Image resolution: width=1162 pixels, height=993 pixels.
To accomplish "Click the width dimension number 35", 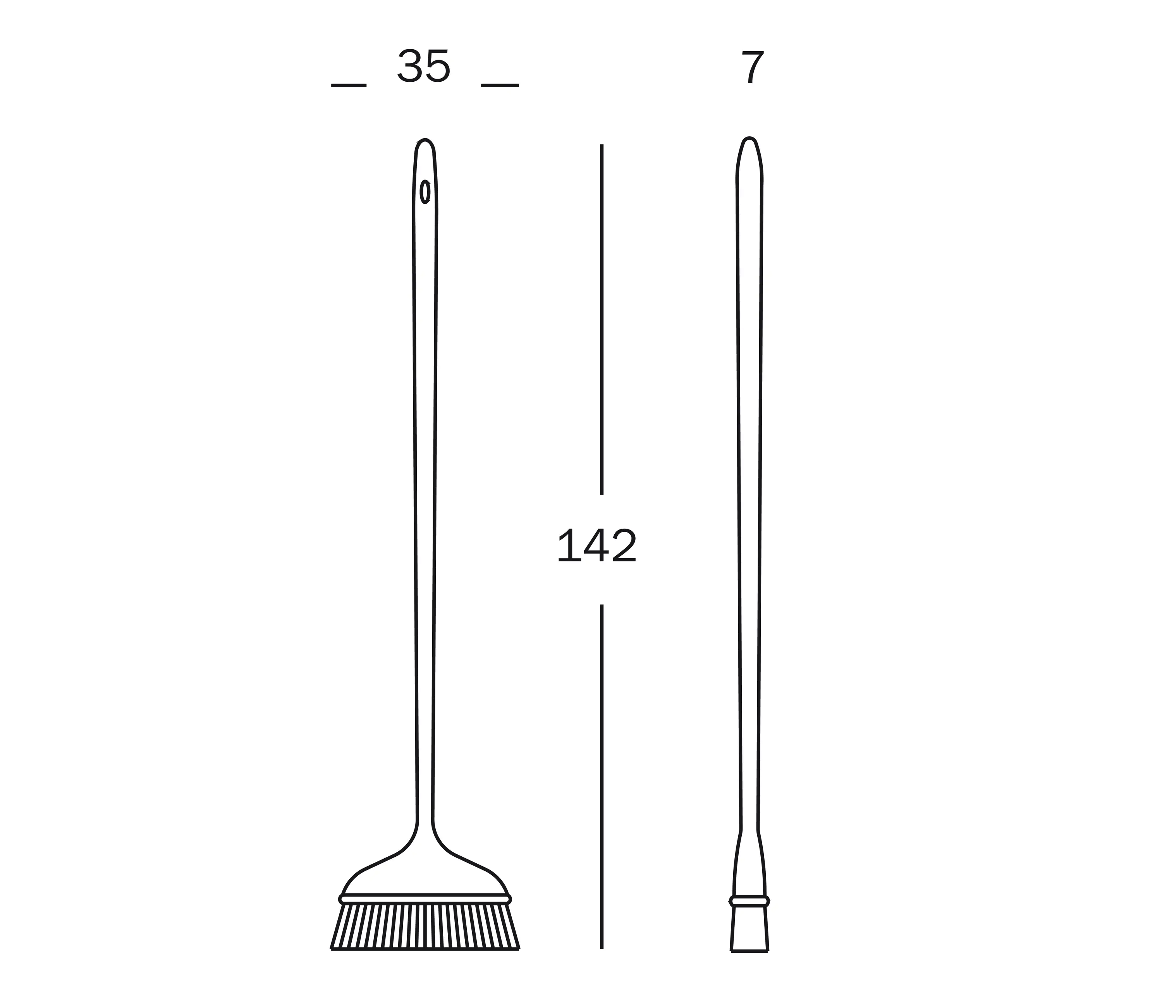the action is click(x=424, y=67).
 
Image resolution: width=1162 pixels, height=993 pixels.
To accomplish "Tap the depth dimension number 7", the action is click(x=753, y=67).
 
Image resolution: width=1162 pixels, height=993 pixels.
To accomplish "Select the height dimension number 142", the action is click(x=597, y=546).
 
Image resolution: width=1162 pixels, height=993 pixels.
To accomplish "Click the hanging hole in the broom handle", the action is click(x=426, y=191).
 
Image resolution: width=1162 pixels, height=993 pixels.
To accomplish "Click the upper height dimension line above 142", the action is click(x=602, y=320).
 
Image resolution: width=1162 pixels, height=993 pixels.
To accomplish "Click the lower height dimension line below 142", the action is click(x=602, y=777).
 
